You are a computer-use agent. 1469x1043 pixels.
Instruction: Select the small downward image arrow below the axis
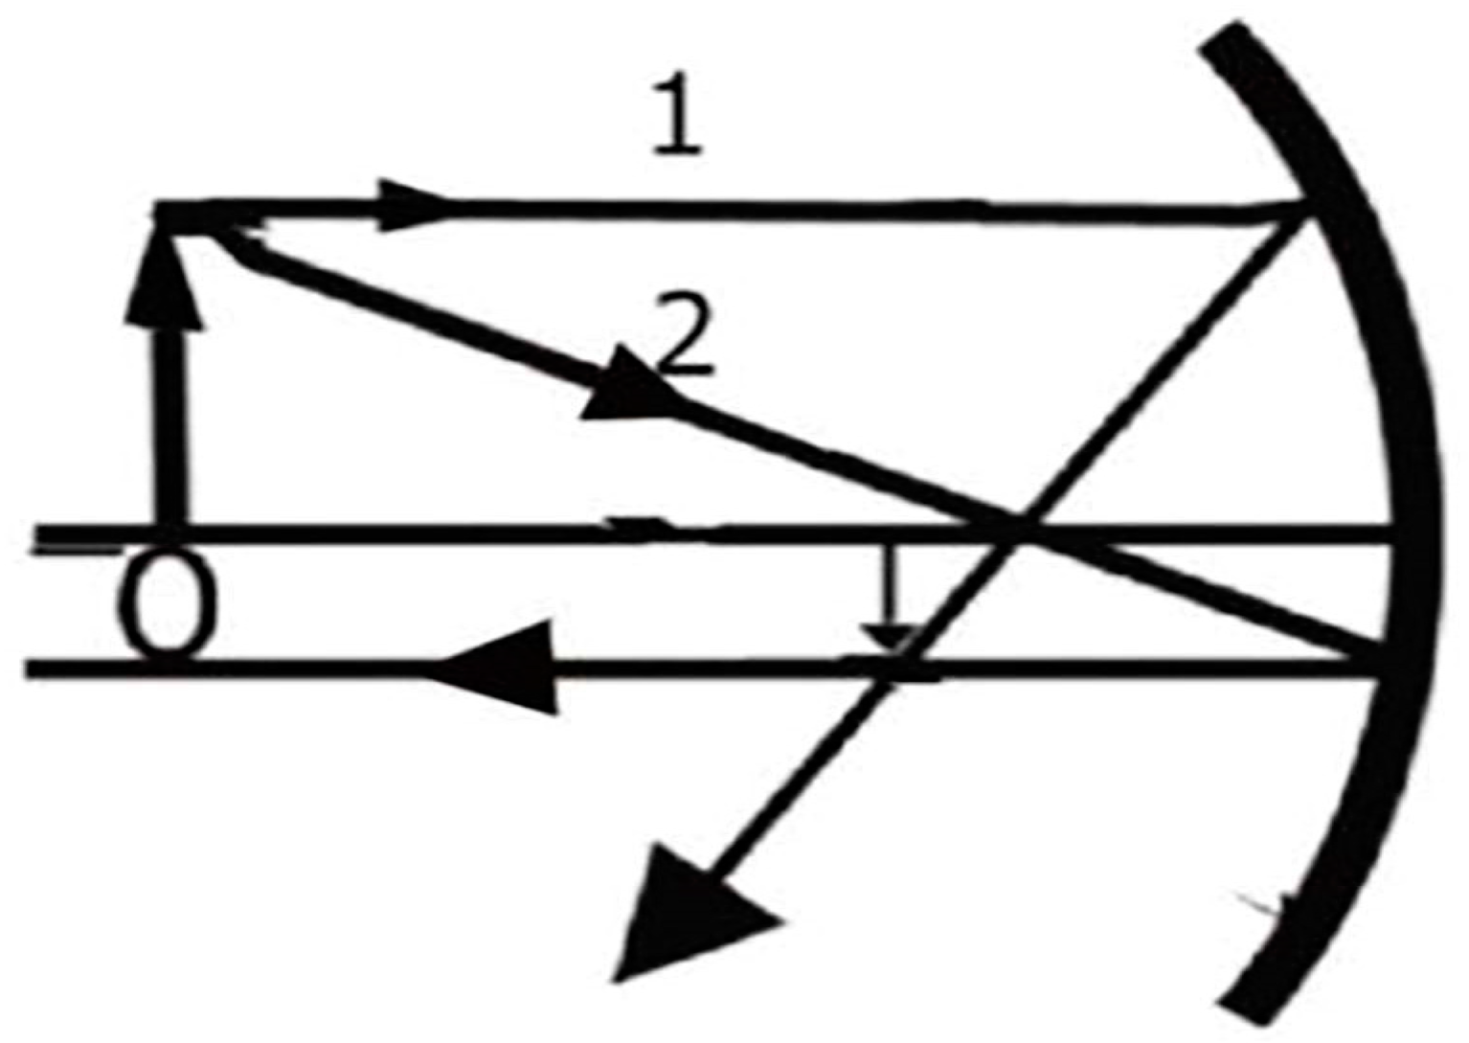pyautogui.click(x=890, y=613)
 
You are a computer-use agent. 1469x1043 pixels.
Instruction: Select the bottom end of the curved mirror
pyautogui.click(x=1245, y=1001)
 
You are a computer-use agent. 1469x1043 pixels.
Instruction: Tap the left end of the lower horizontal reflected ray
pyautogui.click(x=34, y=668)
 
